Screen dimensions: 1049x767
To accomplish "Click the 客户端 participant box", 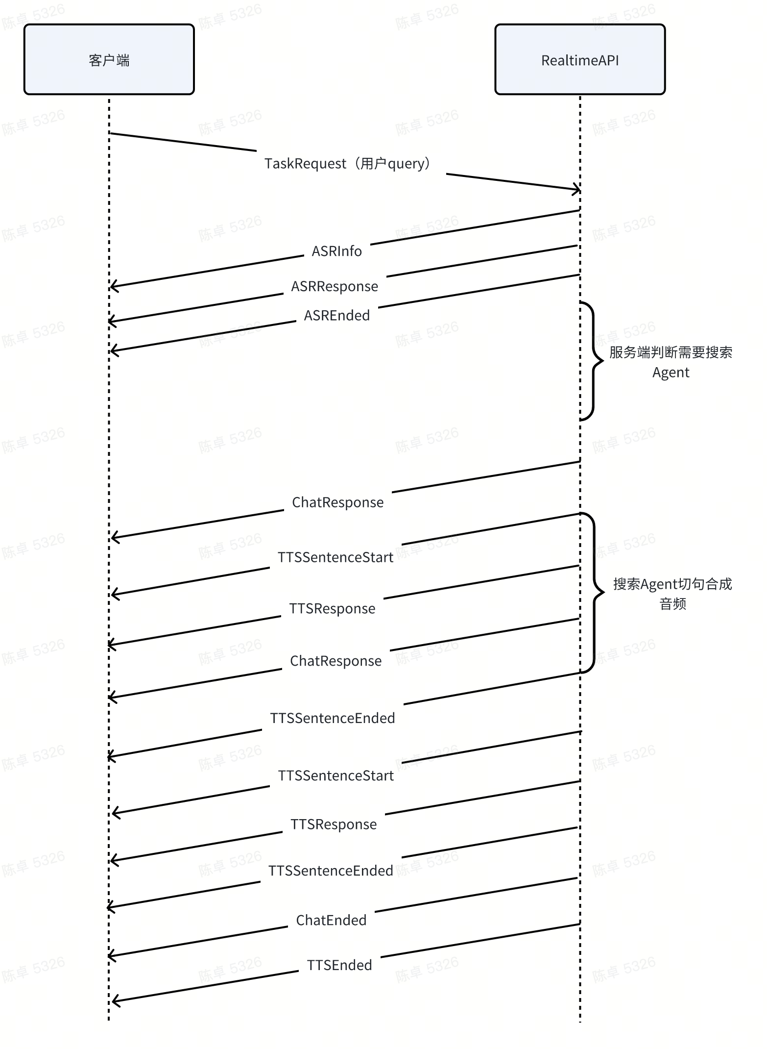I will (109, 59).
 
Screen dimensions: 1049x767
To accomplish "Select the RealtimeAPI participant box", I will (580, 59).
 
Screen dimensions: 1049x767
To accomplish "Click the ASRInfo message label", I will (337, 251).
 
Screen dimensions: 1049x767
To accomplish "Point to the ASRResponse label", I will (335, 286).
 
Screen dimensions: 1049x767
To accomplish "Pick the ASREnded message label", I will (337, 315).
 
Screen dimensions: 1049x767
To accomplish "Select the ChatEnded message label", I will (331, 920).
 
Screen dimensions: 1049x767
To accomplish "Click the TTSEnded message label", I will (339, 965).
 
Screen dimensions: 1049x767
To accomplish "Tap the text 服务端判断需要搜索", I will (671, 352).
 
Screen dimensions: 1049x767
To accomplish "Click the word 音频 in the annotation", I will (672, 604).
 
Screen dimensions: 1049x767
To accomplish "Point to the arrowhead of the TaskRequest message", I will (578, 189).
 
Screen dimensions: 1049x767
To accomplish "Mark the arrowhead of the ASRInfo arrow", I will (113, 286).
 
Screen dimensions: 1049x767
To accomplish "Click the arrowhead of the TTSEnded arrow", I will (114, 1001).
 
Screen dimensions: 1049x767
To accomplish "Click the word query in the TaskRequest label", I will (405, 164).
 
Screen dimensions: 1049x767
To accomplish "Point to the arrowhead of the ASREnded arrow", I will (113, 350).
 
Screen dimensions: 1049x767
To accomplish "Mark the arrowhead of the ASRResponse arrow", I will (111, 322).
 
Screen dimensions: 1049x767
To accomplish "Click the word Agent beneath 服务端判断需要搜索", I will (671, 373).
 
